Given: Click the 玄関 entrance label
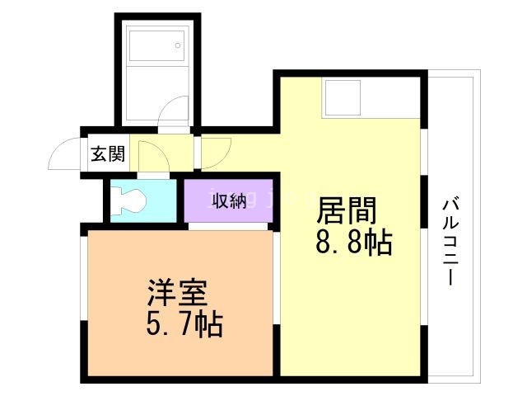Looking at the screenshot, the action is coord(108,154).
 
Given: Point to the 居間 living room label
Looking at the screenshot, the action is coord(347,210).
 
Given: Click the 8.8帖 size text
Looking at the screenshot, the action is coord(354,242).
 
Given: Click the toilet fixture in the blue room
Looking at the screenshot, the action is coord(128,201).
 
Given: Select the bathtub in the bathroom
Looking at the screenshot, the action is coord(157,46).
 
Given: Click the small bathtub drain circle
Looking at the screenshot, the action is coord(178,45).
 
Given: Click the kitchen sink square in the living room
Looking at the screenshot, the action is coord(342,97).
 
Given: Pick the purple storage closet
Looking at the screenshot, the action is coord(228,201).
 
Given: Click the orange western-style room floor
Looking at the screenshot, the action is coord(180,303).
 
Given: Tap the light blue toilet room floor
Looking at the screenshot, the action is coord(143,201).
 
